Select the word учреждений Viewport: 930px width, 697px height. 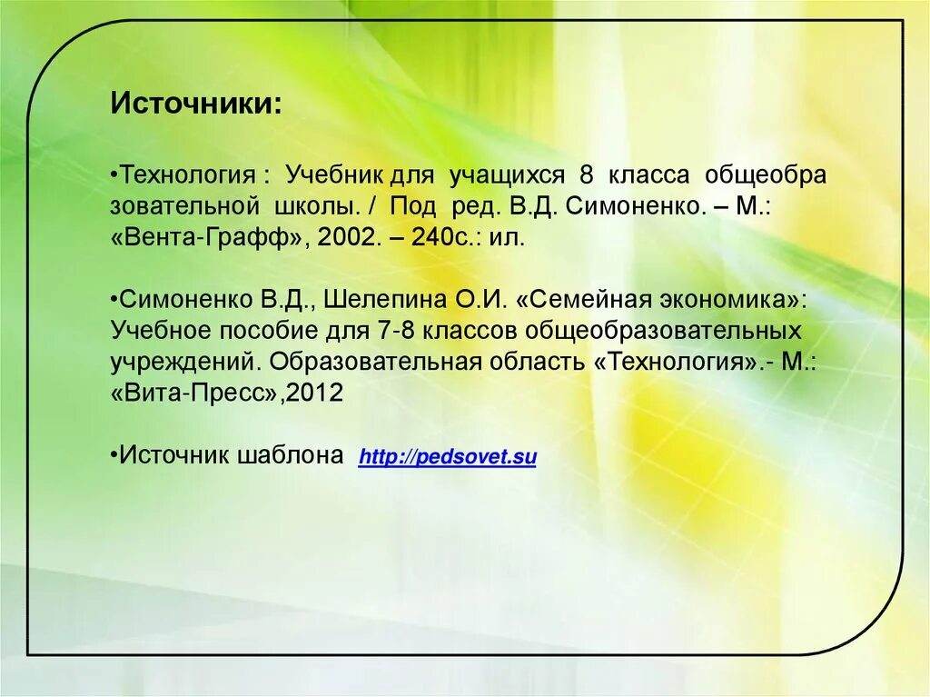tap(186, 363)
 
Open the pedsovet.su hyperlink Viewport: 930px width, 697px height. tap(448, 457)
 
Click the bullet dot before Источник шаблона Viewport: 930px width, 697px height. tap(114, 455)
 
